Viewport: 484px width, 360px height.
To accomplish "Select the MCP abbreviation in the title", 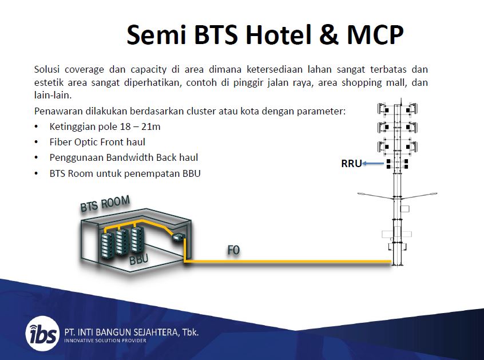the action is click(x=375, y=34).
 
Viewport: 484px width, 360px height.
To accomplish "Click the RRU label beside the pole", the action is click(x=351, y=163).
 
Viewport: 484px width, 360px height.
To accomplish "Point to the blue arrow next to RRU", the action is click(x=373, y=163).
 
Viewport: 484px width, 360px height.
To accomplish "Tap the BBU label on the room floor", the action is click(x=138, y=259).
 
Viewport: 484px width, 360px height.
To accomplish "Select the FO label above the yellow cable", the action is click(x=233, y=250).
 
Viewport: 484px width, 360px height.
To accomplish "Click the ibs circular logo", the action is click(x=42, y=334).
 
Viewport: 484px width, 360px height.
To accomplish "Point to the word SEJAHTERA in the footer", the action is click(x=156, y=332).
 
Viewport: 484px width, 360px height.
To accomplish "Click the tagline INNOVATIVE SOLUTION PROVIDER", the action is click(x=105, y=341).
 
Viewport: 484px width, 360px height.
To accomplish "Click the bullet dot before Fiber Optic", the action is click(x=37, y=142).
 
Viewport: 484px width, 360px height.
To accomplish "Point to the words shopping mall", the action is click(x=374, y=83).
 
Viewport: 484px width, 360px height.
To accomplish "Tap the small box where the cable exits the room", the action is click(x=178, y=238).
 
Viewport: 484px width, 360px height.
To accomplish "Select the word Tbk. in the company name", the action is click(x=191, y=332).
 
